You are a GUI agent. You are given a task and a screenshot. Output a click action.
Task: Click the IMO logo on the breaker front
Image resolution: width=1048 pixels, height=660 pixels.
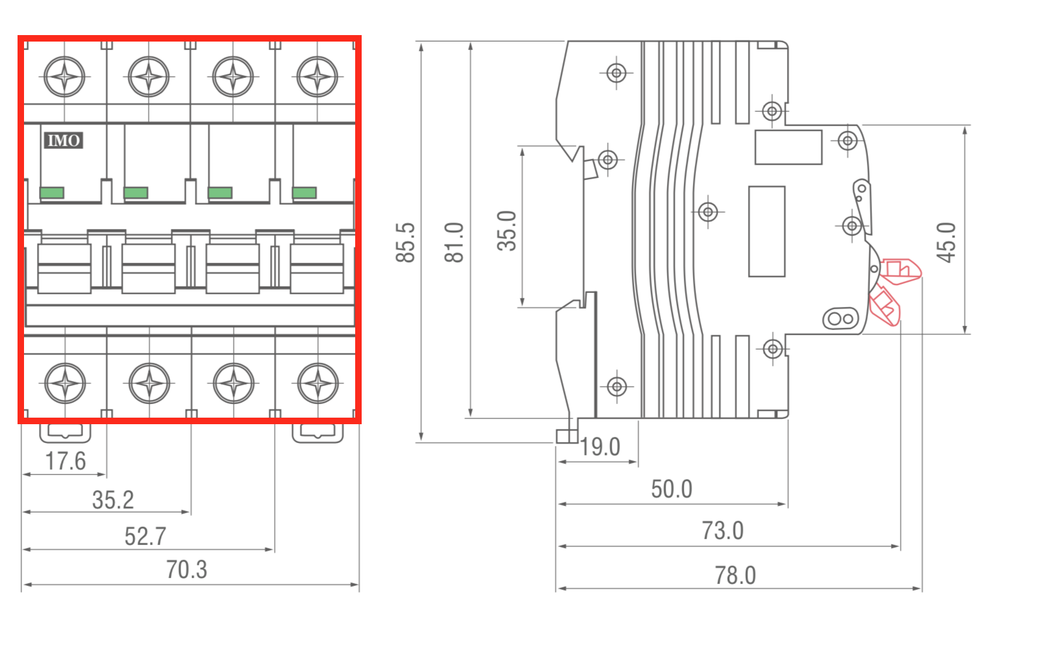pyautogui.click(x=64, y=140)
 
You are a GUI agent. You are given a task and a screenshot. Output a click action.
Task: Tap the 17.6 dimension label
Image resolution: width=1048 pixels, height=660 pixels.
pyautogui.click(x=66, y=461)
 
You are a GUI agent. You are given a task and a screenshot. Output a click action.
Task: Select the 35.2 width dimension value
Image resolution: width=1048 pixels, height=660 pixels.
pyautogui.click(x=113, y=500)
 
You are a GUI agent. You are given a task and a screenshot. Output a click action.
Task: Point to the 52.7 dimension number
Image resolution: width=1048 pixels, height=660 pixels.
pyautogui.click(x=145, y=537)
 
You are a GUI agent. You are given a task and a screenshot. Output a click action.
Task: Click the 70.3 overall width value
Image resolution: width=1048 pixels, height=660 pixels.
pyautogui.click(x=186, y=570)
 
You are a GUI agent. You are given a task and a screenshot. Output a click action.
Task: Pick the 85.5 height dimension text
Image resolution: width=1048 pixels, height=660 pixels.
pyautogui.click(x=405, y=242)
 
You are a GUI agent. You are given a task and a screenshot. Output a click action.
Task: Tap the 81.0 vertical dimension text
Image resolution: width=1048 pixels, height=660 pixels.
pyautogui.click(x=454, y=242)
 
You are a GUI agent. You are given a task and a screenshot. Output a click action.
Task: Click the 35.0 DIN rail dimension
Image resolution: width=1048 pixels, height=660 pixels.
pyautogui.click(x=506, y=231)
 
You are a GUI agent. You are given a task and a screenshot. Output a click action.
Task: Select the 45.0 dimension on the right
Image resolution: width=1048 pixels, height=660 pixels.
pyautogui.click(x=946, y=242)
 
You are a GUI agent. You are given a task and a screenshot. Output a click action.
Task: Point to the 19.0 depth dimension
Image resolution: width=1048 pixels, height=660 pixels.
pyautogui.click(x=600, y=447)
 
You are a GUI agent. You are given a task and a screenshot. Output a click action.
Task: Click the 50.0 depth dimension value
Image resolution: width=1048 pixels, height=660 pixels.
pyautogui.click(x=671, y=489)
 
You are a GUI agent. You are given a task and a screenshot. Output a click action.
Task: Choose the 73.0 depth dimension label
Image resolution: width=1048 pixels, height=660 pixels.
pyautogui.click(x=722, y=531)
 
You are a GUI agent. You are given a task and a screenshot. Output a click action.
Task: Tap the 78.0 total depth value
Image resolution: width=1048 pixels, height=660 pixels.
pyautogui.click(x=735, y=576)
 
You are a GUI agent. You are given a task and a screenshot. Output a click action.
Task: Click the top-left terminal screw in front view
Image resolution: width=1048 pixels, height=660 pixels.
pyautogui.click(x=64, y=77)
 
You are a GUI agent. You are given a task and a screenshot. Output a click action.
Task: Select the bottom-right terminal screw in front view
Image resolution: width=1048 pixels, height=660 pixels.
pyautogui.click(x=318, y=383)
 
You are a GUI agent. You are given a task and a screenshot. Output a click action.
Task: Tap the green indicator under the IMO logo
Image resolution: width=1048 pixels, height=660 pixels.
pyautogui.click(x=52, y=192)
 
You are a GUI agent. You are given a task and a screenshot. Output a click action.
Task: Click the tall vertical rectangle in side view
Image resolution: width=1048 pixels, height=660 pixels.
pyautogui.click(x=766, y=231)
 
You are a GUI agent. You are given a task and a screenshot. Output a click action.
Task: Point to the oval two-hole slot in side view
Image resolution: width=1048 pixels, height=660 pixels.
pyautogui.click(x=841, y=319)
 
